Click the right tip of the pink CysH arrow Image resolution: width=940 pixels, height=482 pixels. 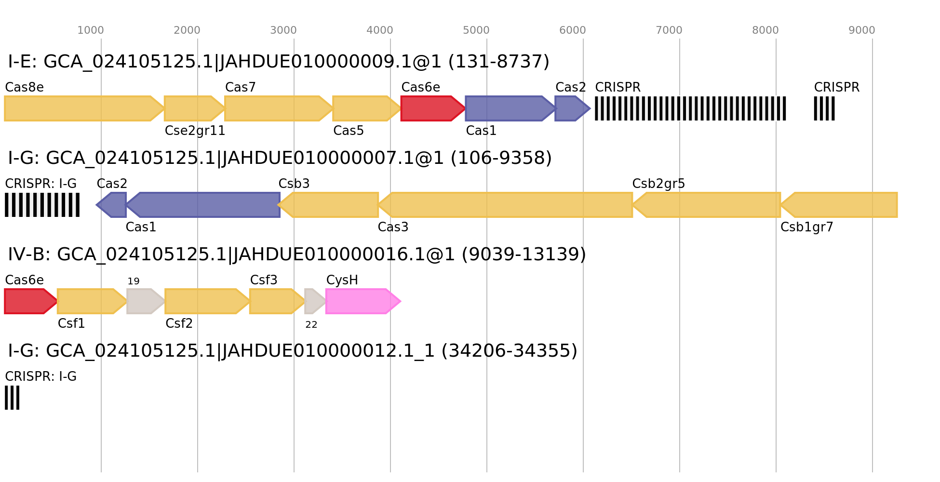(400, 301)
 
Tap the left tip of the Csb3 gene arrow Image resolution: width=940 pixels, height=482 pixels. (279, 205)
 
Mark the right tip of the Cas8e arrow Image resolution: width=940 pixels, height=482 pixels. (164, 108)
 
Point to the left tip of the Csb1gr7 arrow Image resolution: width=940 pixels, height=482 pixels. (780, 205)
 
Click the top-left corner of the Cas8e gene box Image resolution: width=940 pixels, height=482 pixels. (5, 96)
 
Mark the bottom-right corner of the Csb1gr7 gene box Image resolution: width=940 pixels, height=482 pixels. (897, 217)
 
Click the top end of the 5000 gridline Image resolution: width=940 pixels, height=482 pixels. (487, 39)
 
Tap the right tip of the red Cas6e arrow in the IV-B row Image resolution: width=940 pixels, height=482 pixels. (57, 301)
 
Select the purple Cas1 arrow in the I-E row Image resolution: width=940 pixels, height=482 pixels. (510, 108)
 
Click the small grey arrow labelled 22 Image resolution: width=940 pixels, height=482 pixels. (315, 301)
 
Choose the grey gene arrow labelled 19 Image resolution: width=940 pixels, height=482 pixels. (146, 301)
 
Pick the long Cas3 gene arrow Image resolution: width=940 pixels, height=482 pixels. (505, 205)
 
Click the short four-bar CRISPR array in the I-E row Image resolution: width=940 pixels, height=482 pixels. (824, 108)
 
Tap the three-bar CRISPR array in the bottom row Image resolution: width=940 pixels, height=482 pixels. (12, 398)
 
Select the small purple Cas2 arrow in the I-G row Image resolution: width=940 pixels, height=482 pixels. (111, 205)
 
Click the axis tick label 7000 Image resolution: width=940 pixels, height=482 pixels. (669, 30)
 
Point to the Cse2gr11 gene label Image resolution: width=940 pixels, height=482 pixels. (195, 131)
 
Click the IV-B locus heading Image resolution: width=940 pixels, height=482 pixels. (297, 254)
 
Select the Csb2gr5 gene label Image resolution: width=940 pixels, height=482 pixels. (658, 184)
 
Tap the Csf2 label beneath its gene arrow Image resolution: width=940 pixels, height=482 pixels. (179, 324)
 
